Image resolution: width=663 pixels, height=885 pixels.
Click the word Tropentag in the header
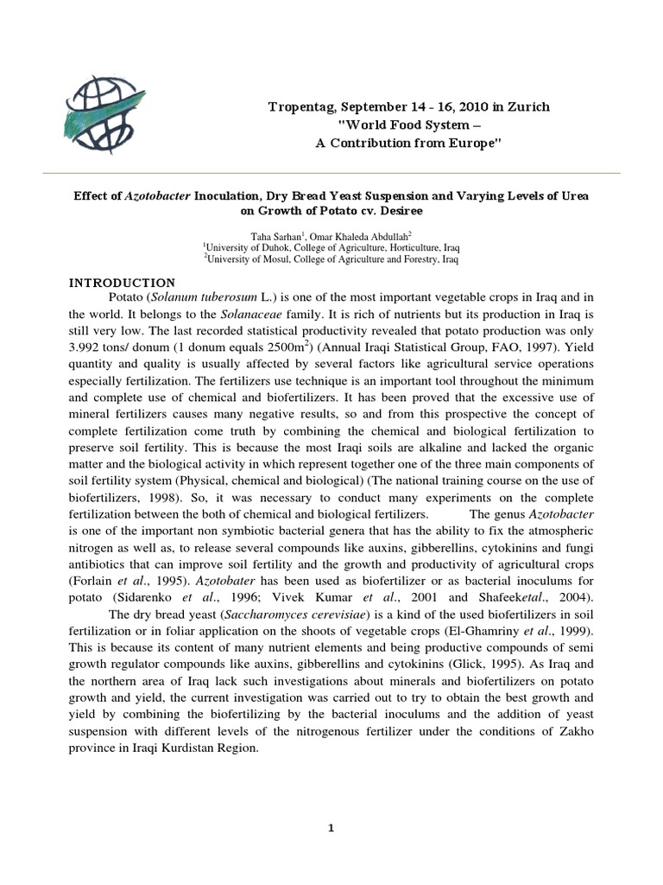(301, 106)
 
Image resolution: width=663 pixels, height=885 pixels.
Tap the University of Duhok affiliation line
(331, 246)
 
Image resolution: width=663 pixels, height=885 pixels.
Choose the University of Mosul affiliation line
(331, 258)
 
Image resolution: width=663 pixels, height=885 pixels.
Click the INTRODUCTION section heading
(122, 283)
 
